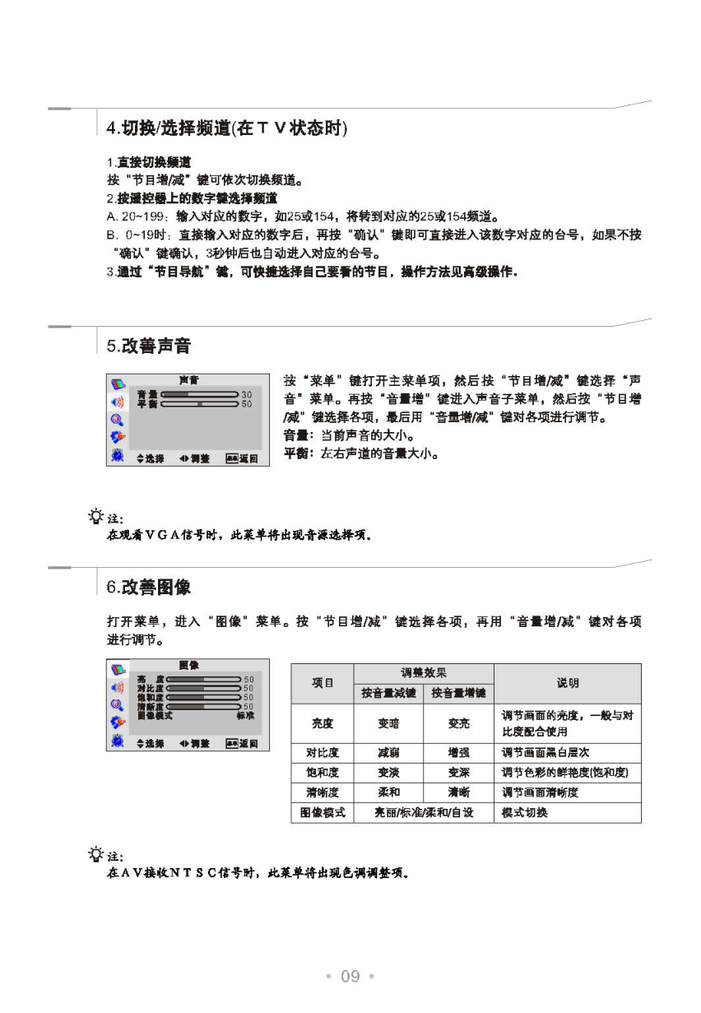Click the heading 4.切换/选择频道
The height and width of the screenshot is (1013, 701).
pos(227,129)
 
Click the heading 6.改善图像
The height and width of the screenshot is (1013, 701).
pos(148,588)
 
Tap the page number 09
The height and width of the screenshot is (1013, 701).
pos(350,976)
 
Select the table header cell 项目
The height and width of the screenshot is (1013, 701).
pos(323,683)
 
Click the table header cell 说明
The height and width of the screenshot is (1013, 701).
pos(567,683)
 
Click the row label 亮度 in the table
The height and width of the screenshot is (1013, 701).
pos(323,723)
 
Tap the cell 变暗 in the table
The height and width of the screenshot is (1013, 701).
pos(388,723)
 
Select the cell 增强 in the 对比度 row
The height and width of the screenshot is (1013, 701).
pos(458,753)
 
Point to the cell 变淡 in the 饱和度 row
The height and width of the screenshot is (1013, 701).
pos(388,773)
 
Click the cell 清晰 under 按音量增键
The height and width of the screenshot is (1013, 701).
pos(458,792)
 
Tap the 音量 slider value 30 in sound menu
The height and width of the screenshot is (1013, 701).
pos(247,395)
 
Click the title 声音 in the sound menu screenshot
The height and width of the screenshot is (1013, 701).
pos(188,381)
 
